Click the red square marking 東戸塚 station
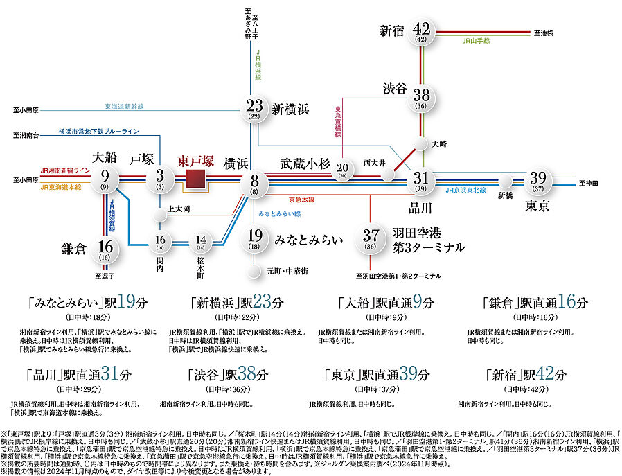tap(196, 179)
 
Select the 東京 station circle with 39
tap(538, 179)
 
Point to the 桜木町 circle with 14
tap(201, 241)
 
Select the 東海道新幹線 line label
tap(124, 107)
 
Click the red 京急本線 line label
tap(303, 199)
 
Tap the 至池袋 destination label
tap(545, 33)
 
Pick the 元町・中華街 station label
tap(286, 270)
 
